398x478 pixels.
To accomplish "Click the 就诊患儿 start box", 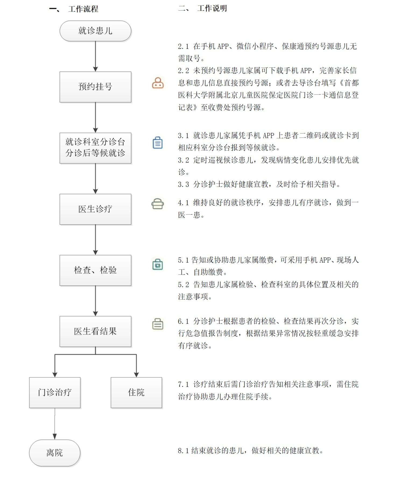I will click(x=95, y=31).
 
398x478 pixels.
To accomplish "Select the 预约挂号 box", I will click(x=95, y=87).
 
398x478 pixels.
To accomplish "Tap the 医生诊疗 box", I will click(x=95, y=209).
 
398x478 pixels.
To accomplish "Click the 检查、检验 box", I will click(x=95, y=270).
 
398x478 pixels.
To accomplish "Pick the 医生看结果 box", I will click(x=95, y=331).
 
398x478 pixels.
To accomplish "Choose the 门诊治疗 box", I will click(x=55, y=392).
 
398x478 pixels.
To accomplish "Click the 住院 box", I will click(x=136, y=392).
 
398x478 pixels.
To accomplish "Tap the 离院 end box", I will click(x=55, y=453).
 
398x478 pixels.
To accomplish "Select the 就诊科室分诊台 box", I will click(x=95, y=148).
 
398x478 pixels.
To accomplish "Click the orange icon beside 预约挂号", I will click(x=158, y=83).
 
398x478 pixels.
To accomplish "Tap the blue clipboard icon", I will click(x=157, y=143).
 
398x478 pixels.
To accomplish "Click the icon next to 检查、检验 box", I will click(x=157, y=264).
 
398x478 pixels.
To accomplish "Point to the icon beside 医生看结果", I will click(x=158, y=324).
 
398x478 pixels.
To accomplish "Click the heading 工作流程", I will click(x=83, y=9).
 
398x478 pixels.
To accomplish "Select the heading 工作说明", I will click(x=212, y=9).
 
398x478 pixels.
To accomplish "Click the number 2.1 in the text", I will click(x=183, y=47).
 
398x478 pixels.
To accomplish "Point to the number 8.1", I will click(x=183, y=451).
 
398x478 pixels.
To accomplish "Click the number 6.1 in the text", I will click(x=183, y=321).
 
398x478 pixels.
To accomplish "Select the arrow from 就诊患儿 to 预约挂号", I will click(x=95, y=56).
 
